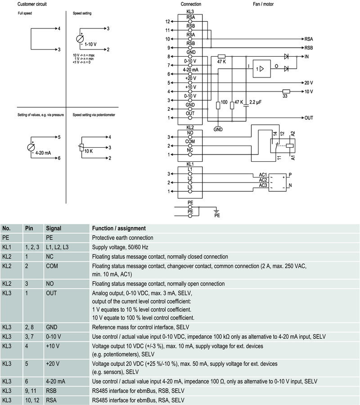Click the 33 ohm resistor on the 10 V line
285,91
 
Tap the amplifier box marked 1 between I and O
261,69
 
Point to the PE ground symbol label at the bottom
217,215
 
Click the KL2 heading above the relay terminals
190,127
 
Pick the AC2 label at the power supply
263,180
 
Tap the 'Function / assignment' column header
118,228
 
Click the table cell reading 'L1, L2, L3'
58,247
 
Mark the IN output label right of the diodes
307,57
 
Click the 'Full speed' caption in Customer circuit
24,14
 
